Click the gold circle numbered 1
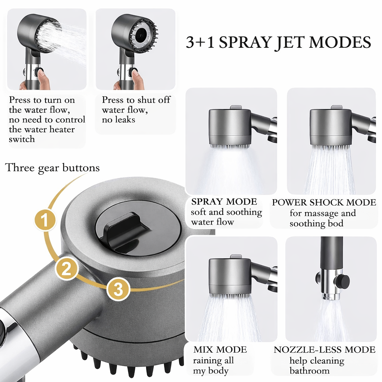45,220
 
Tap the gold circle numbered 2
67,269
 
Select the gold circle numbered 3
118,289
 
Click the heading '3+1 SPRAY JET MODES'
278,42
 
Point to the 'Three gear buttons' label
53,168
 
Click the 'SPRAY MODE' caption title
224,202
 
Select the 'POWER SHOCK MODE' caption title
324,203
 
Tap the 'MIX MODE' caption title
220,350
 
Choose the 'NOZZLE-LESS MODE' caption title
325,350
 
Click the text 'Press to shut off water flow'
136,105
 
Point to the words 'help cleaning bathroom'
316,366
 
